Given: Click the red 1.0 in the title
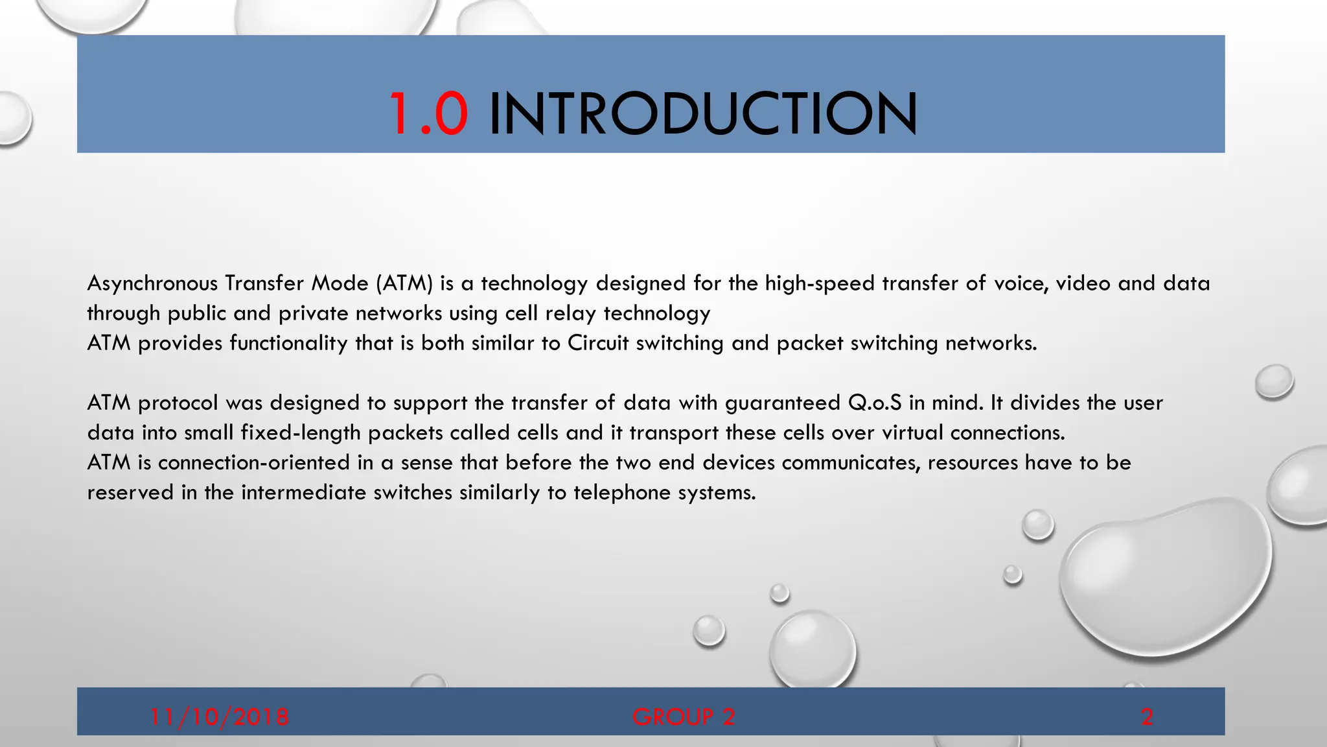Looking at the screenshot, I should [x=428, y=114].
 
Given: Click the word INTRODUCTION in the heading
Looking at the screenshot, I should [x=703, y=114].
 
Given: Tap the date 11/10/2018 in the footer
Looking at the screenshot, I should [x=219, y=717].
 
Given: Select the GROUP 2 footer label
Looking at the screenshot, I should [x=684, y=717].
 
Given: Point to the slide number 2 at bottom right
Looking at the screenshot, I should [x=1147, y=717].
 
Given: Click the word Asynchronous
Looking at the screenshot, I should [x=152, y=283].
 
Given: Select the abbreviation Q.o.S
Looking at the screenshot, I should [x=874, y=403].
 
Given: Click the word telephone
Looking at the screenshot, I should [x=622, y=493].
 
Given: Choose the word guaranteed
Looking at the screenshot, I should [x=783, y=403].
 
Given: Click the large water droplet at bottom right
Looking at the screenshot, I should [x=1166, y=577].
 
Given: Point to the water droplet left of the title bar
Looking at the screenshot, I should [x=13, y=118].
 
